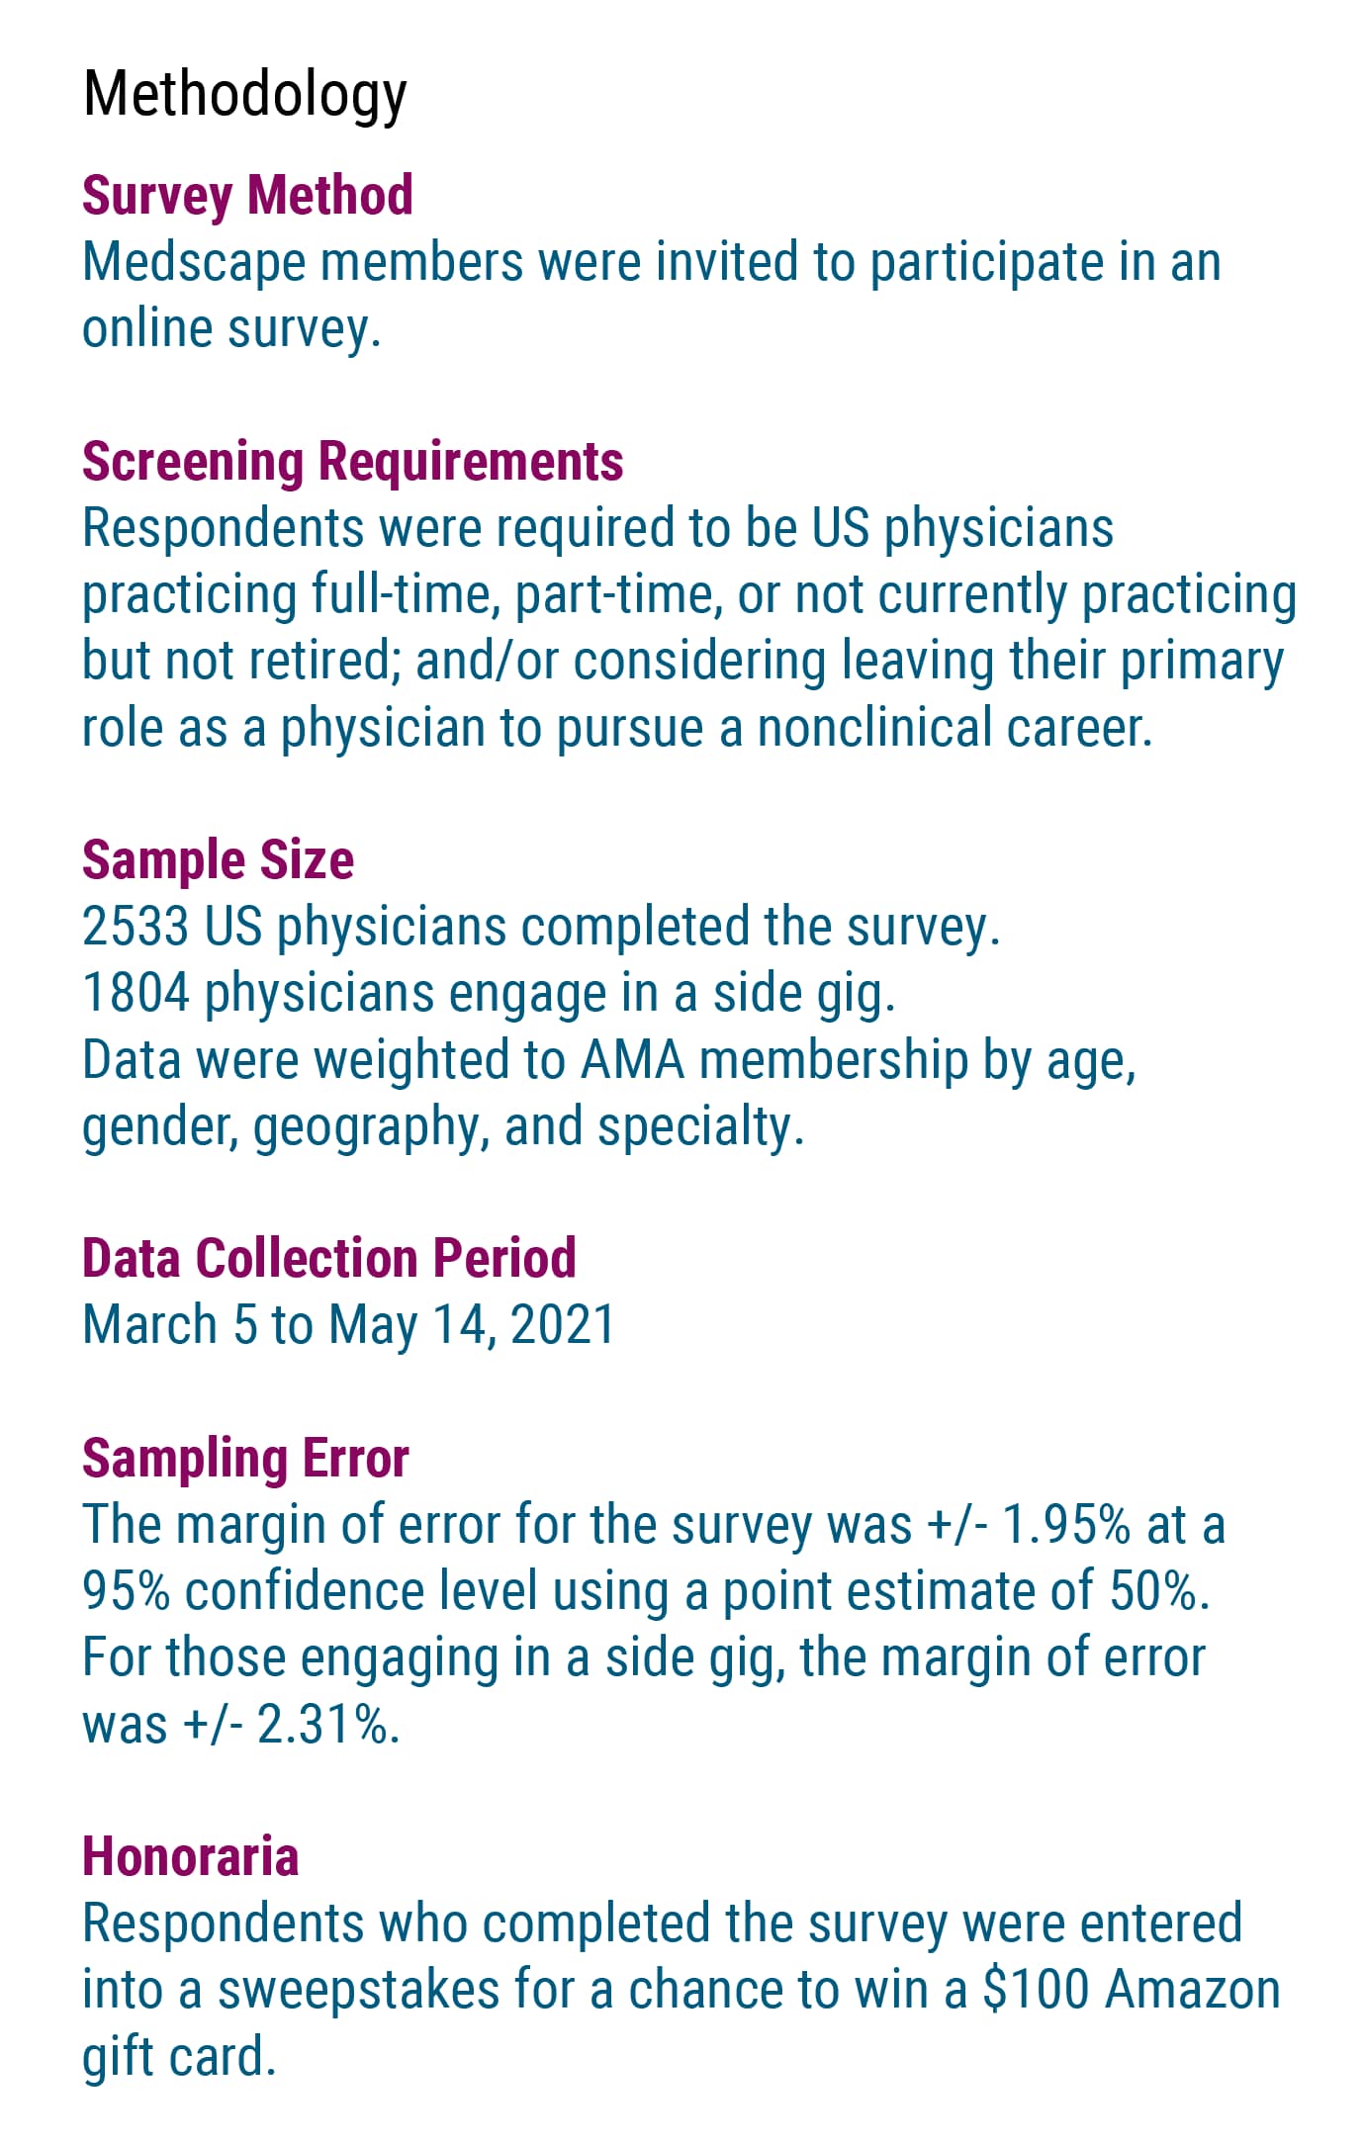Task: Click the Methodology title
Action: point(244,95)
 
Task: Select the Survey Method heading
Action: point(247,195)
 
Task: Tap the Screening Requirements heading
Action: point(352,461)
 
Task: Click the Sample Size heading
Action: point(218,859)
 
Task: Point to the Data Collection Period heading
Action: point(328,1258)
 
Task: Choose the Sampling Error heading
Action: point(245,1458)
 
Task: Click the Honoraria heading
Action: point(190,1856)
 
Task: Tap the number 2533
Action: point(136,927)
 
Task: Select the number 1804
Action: point(136,993)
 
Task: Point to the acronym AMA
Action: point(632,1060)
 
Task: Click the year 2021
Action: point(562,1325)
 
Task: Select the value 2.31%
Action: point(326,1725)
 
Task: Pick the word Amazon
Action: point(1192,1990)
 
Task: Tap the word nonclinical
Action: point(874,728)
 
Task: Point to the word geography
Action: point(365,1127)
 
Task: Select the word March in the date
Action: point(149,1325)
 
